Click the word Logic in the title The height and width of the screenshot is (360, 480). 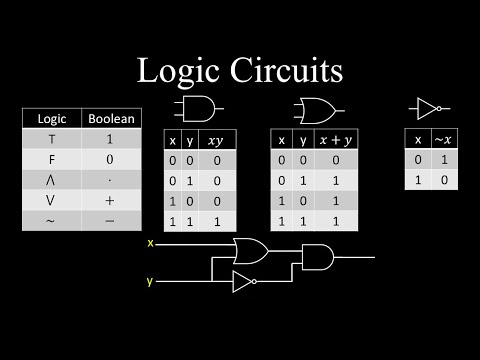point(186,71)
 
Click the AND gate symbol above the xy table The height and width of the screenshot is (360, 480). point(199,109)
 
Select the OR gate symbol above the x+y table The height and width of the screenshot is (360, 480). point(318,109)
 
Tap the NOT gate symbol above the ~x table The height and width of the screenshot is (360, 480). point(430,108)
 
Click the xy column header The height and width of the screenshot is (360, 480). point(216,141)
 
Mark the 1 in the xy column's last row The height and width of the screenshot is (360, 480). point(216,220)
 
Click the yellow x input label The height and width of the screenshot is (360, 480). point(150,243)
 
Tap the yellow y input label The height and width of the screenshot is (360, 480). point(150,281)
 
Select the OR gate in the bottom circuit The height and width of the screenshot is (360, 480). point(249,250)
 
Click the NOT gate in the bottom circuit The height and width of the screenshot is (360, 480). point(244,281)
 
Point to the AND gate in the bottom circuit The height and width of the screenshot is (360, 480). point(319,257)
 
